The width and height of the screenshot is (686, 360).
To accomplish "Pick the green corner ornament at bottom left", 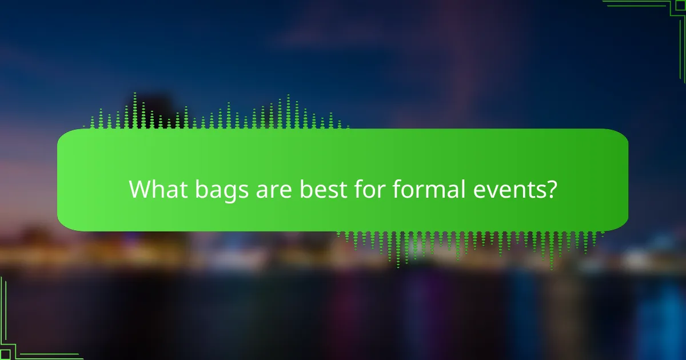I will [x=23, y=337].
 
